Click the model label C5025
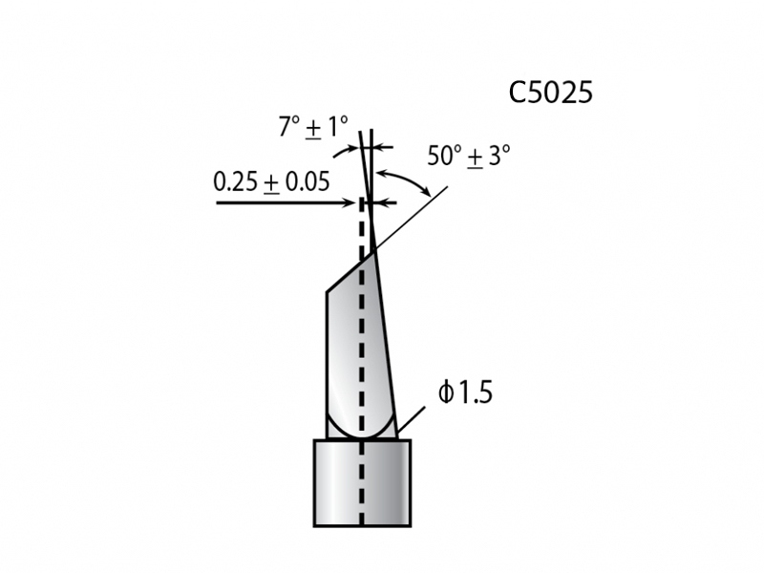point(551,93)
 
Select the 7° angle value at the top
point(289,126)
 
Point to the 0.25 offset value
point(235,181)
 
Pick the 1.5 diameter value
point(473,393)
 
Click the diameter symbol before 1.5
point(445,393)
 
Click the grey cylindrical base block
point(362,482)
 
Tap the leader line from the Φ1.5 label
point(411,420)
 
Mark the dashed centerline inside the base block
point(362,497)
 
